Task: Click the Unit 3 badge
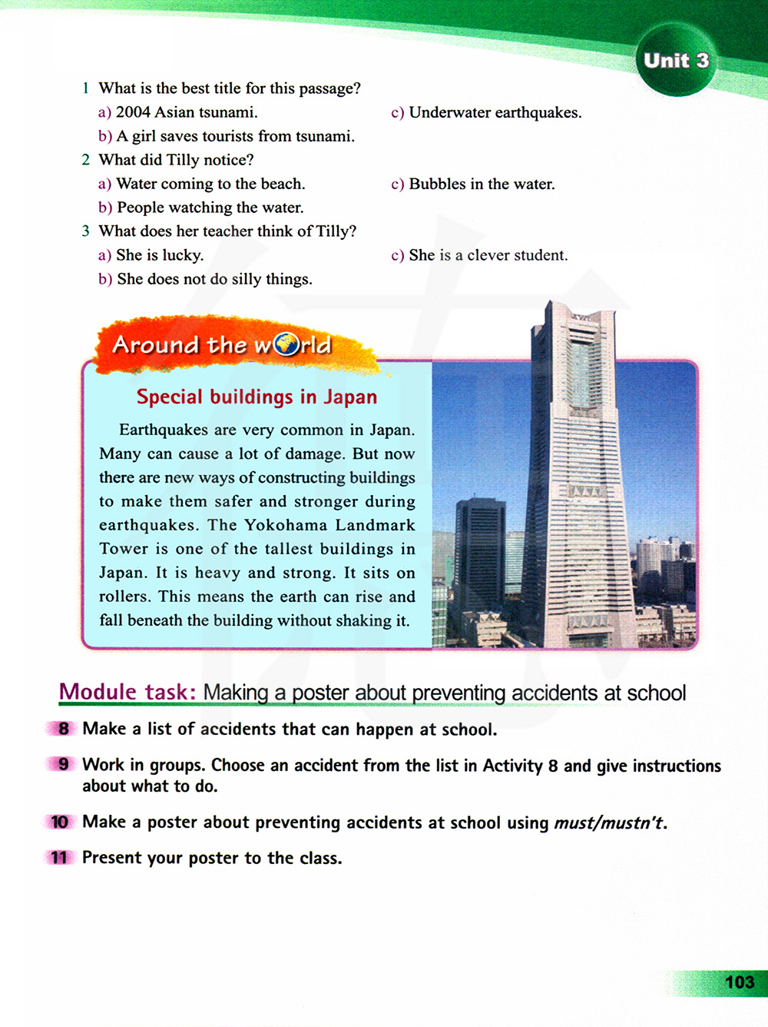(676, 61)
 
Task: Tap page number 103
(739, 982)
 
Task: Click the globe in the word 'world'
(286, 344)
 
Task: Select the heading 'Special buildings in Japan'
(257, 397)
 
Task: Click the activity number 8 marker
(63, 729)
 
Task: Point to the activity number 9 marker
(63, 765)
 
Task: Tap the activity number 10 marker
(60, 822)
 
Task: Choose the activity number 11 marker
(60, 858)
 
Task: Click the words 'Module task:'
(127, 692)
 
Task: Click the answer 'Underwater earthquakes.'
(495, 113)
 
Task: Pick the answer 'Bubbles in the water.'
(482, 184)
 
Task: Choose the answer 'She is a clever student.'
(488, 255)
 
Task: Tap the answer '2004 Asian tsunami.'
(186, 113)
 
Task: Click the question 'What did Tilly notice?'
(176, 160)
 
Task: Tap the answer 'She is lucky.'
(160, 255)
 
